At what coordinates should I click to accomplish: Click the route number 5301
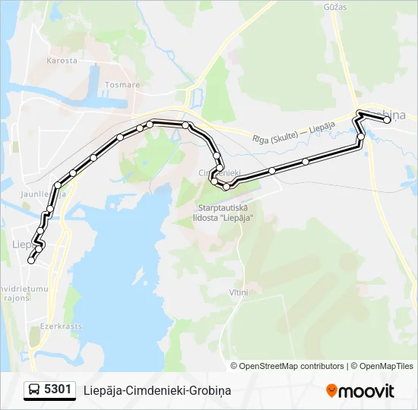pos(59,390)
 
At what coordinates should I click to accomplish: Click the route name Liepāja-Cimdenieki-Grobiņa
pos(158,391)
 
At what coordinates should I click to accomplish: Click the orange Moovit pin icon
pos(331,391)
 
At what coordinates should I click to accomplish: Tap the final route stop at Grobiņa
pos(387,120)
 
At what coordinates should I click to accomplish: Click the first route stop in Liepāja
pos(31,260)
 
